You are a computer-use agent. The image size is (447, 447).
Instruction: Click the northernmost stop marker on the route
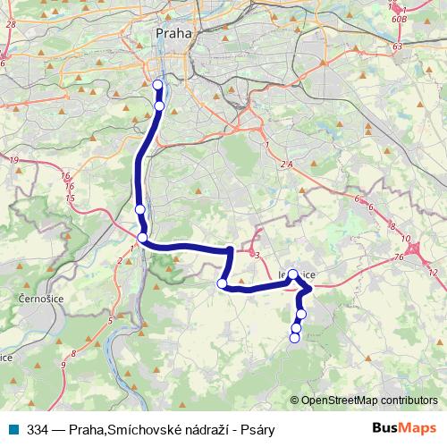tap(158, 86)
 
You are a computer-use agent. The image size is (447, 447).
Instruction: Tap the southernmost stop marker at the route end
tap(295, 337)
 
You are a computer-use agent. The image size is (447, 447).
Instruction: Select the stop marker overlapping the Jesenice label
tap(292, 274)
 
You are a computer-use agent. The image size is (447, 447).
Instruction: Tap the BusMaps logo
tap(404, 428)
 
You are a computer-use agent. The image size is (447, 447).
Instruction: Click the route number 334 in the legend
tap(38, 429)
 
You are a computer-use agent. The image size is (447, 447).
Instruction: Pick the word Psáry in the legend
tap(257, 429)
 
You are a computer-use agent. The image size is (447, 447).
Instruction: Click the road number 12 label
tap(434, 270)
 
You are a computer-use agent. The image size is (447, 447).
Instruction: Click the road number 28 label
tap(10, 25)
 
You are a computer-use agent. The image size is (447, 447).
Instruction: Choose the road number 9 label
tap(63, 365)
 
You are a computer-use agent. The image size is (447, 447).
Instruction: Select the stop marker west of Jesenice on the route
tap(223, 283)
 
